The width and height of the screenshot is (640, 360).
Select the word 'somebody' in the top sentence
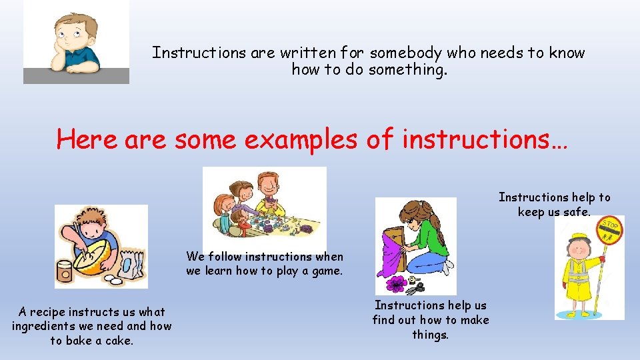(x=405, y=53)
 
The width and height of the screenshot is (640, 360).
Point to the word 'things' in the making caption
(x=430, y=335)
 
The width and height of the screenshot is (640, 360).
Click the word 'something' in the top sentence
(x=403, y=69)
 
